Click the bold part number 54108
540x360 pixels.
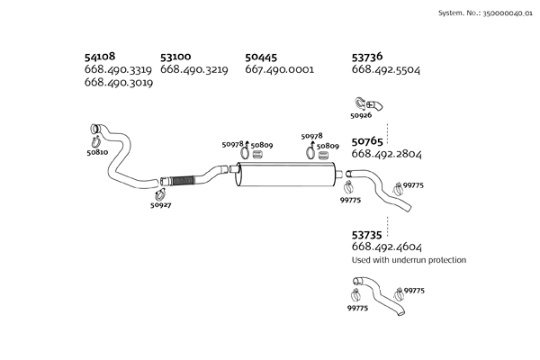[100, 56]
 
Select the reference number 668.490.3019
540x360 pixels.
[119, 83]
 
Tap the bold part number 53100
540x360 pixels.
[175, 57]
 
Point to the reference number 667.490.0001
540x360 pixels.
[279, 69]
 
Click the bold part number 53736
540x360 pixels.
[367, 57]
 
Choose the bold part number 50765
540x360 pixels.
[367, 141]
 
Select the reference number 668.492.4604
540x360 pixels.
[386, 247]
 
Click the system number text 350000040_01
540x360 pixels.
[508, 13]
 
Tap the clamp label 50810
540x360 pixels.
[97, 152]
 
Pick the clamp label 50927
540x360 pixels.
[160, 205]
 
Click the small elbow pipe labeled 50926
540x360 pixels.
[374, 105]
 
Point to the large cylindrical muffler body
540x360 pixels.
[285, 175]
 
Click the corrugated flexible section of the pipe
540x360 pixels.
[182, 181]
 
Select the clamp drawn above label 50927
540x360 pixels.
[159, 195]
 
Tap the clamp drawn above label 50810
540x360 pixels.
[95, 141]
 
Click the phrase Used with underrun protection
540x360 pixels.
[409, 260]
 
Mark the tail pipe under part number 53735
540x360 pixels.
[378, 294]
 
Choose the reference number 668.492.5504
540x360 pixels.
[386, 70]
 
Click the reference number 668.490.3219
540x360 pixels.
[193, 69]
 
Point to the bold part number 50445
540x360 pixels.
[261, 58]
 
